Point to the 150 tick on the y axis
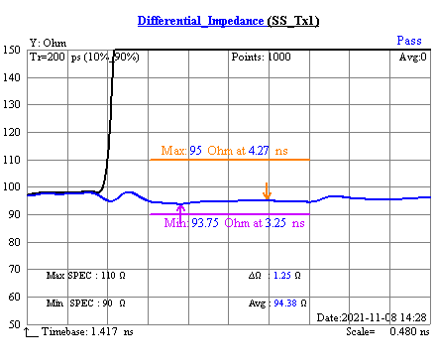[x=13, y=50]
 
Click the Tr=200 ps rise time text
[x=83, y=57]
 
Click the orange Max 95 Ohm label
[x=229, y=152]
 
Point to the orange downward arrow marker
[x=266, y=190]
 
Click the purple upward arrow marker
[x=180, y=209]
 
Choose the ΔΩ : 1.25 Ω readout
[x=273, y=273]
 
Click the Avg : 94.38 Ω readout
[x=275, y=302]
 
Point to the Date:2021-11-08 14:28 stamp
[x=371, y=316]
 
